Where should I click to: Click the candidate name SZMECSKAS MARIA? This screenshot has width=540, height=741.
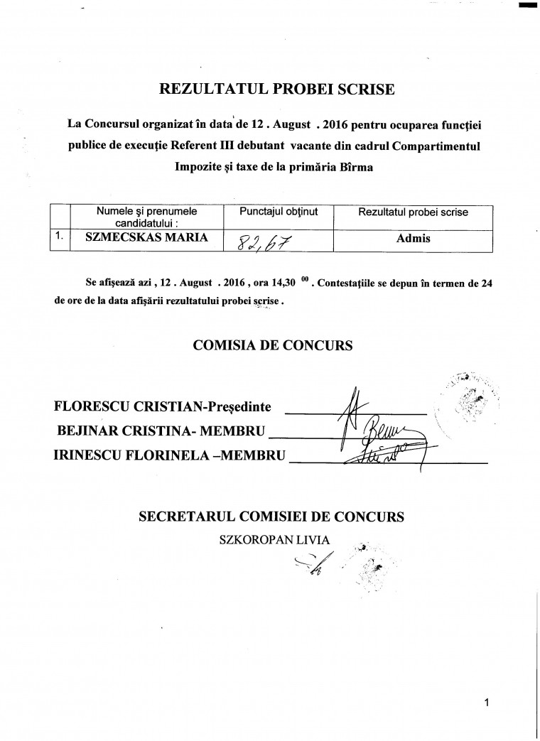[x=146, y=238]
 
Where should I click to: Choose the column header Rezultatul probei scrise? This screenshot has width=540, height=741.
[x=414, y=212]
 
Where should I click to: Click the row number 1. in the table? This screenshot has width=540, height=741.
[x=61, y=238]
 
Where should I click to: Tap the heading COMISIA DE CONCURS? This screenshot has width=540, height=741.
[x=273, y=347]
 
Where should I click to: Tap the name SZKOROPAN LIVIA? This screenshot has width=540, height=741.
[x=276, y=540]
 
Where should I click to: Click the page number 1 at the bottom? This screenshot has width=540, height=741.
[x=487, y=703]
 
